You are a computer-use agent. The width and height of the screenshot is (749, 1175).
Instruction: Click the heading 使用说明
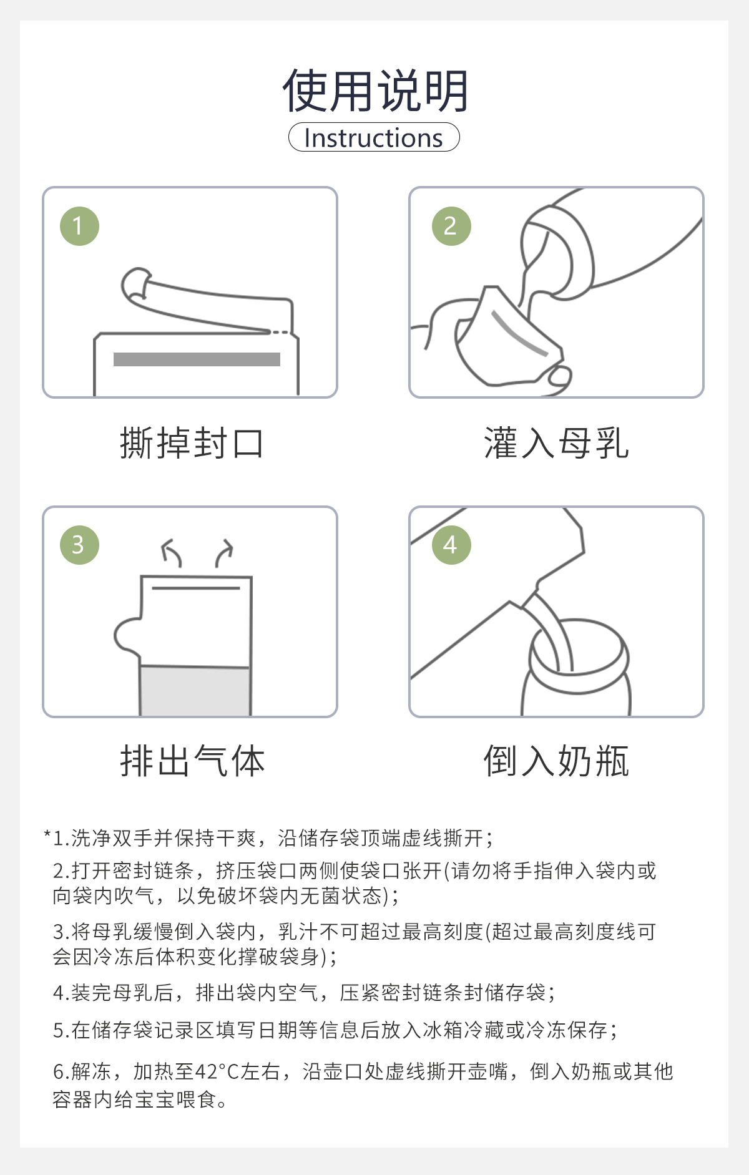point(374,91)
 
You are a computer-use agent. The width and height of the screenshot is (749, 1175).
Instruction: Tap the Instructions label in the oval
point(374,138)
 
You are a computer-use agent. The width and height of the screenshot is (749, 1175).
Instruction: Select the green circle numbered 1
point(79,226)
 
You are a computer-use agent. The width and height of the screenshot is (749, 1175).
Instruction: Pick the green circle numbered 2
point(451,226)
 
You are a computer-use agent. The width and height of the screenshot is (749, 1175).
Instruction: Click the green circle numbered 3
point(79,545)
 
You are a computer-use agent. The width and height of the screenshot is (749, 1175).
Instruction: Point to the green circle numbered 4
point(451,545)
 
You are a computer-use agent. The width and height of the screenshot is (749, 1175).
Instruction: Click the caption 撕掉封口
point(192,443)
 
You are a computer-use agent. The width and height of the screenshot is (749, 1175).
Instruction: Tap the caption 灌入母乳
point(556,443)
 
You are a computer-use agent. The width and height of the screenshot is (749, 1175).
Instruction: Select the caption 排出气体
point(192,761)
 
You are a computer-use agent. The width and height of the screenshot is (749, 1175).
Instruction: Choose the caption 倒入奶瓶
point(556,761)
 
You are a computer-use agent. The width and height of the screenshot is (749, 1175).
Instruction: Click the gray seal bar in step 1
point(197,359)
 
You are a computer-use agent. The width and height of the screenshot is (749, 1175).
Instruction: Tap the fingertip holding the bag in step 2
point(559,377)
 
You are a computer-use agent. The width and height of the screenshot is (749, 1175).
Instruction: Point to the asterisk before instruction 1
point(47,834)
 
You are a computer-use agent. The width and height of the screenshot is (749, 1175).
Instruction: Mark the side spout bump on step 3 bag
point(127,636)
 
